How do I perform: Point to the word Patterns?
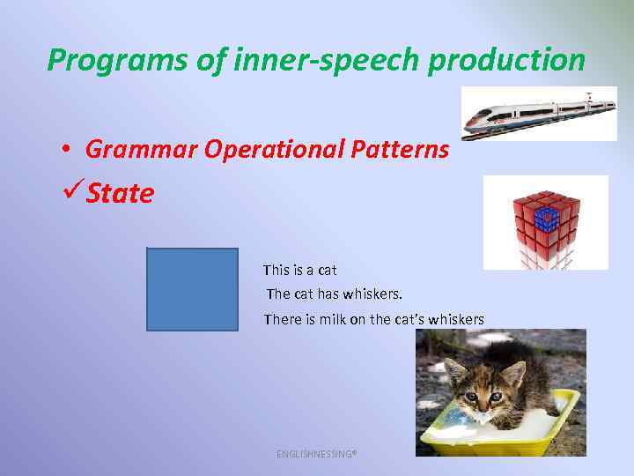(398, 149)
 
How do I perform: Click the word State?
(121, 193)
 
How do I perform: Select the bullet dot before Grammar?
(66, 150)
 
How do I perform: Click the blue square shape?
(192, 289)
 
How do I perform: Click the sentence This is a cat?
(300, 270)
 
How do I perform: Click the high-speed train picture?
(539, 114)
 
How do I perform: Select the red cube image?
(546, 222)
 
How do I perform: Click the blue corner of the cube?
(547, 216)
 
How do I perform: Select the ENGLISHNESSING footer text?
(316, 453)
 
